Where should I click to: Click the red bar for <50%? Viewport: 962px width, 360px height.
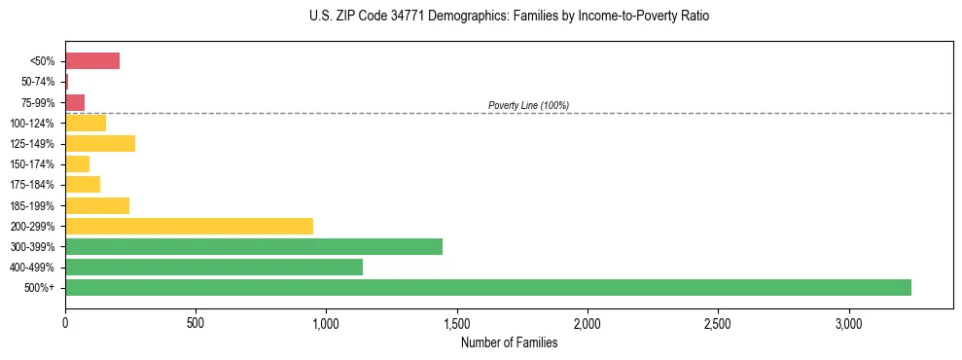pos(92,61)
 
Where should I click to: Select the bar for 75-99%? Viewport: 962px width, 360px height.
pos(75,102)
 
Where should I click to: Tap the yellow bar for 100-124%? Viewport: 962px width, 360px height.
pos(86,123)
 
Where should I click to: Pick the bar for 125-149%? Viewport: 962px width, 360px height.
pos(100,144)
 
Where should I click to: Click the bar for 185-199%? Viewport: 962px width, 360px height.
pos(97,205)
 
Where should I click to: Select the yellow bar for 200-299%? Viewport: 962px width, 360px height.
pos(189,226)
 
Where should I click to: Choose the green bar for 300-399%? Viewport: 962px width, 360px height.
pos(254,246)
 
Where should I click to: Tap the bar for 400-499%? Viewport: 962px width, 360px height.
pos(214,267)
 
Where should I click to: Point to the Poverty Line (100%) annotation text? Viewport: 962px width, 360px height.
pos(528,105)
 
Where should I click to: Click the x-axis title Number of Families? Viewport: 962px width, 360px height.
pos(509,342)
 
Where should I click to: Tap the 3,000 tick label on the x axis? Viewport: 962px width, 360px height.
pos(848,322)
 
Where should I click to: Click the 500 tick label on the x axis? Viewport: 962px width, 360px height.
pos(196,322)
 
